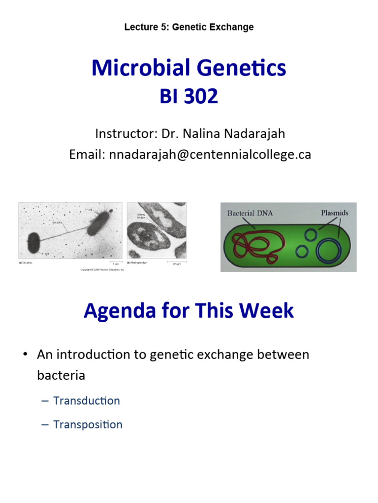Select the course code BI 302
(189, 96)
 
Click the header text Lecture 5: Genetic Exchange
(189, 27)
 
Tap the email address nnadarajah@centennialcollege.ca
(210, 154)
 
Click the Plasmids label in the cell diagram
(334, 213)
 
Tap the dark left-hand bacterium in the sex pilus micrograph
(33, 242)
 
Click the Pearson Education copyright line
(102, 269)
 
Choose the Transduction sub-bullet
(86, 400)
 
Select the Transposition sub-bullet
(88, 424)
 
